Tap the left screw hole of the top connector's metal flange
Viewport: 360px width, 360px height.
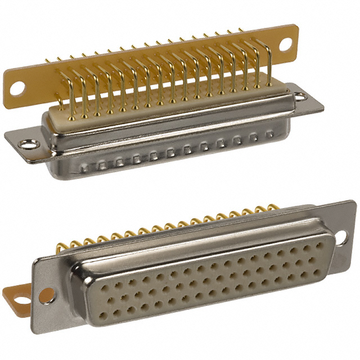coord(25,145)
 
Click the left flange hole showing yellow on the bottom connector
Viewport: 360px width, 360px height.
coord(48,293)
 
